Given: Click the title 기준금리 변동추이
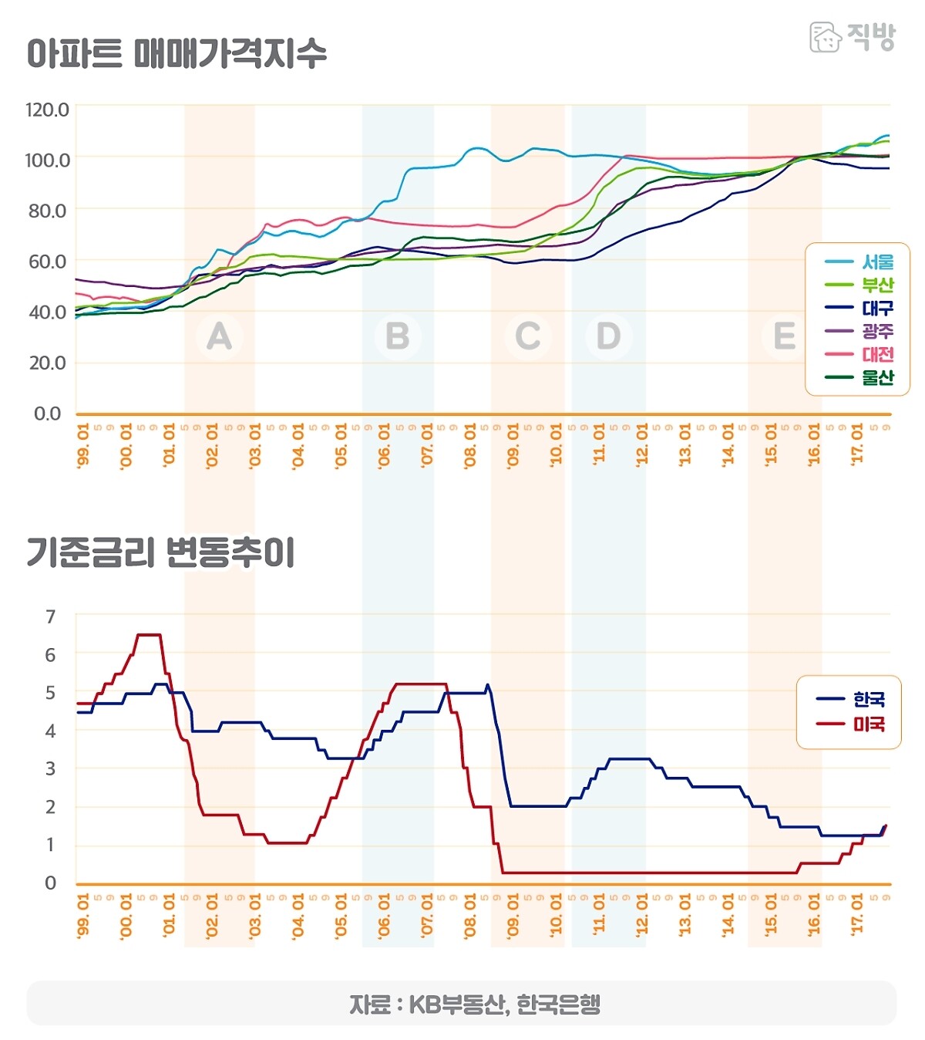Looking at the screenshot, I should coord(160,552).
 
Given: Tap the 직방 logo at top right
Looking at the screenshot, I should coord(853,36).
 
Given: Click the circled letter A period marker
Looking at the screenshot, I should coord(220,336).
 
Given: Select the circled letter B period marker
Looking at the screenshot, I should coord(397,336).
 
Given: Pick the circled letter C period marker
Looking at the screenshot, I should coord(528,336).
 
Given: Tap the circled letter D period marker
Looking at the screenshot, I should coord(608,336).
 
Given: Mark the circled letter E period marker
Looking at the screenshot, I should coord(784,336).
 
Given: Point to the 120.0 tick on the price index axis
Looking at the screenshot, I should coord(47,110).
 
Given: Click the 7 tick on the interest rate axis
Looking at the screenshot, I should coord(51,617).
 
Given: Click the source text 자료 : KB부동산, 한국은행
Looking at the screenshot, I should coord(474,1005).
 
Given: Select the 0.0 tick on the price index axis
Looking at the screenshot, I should coord(47,414).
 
